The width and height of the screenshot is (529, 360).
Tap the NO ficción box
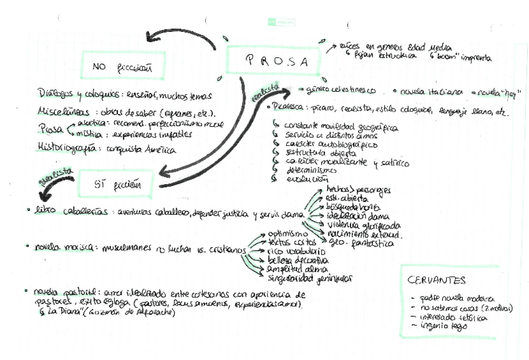[122, 66]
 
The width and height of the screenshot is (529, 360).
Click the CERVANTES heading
[436, 280]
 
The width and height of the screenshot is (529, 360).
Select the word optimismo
[288, 233]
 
